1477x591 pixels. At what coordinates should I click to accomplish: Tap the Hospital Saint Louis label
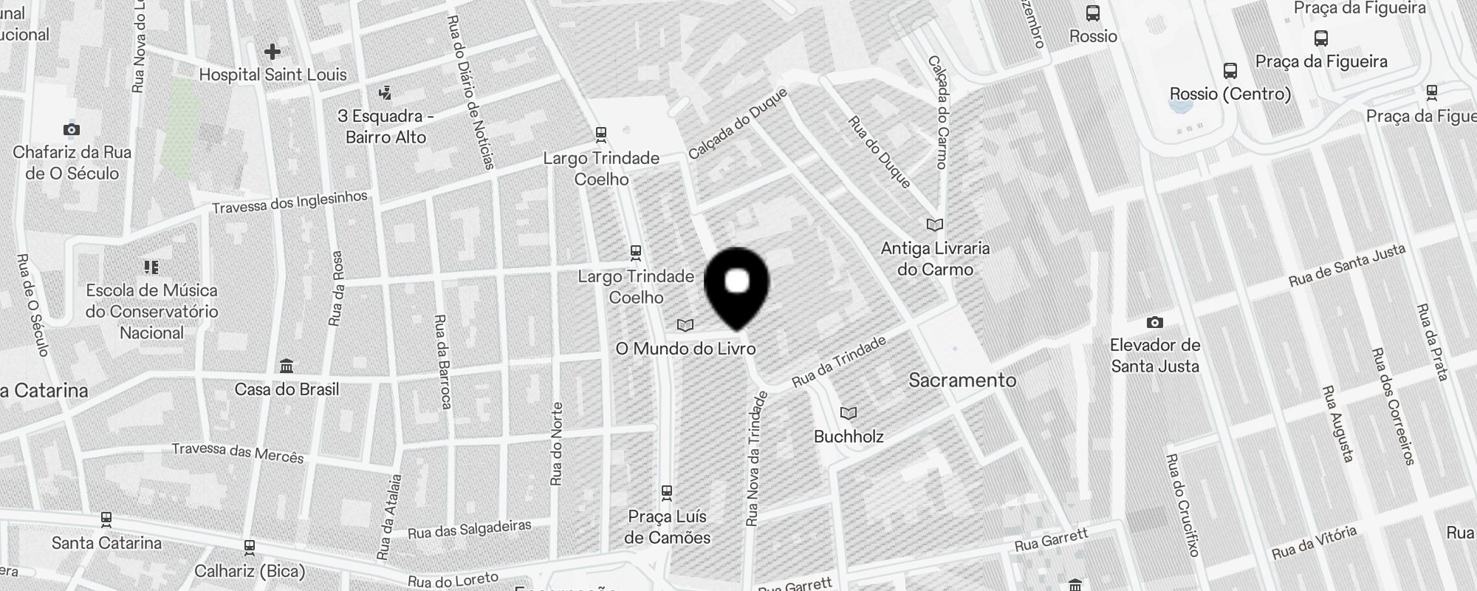273,75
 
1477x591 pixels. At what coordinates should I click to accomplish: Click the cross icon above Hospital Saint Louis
272,52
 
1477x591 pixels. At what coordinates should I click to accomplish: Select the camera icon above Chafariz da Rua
72,130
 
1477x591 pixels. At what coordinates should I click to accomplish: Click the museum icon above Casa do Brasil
287,366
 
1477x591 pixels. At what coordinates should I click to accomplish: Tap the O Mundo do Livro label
685,348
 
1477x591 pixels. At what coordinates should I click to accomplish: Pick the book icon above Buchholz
849,413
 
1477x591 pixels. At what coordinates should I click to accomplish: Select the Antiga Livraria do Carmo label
935,259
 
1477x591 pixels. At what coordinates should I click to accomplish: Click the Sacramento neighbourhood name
962,380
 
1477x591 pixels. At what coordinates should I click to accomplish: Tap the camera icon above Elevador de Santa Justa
1154,323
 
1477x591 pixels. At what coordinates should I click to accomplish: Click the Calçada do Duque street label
737,123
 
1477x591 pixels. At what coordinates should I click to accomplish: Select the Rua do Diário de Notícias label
470,92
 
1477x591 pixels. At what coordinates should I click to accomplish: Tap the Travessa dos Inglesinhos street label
289,202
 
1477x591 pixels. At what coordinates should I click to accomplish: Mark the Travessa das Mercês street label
238,452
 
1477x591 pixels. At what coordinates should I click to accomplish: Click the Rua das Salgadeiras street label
469,529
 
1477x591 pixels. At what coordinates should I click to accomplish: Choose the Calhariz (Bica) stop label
250,571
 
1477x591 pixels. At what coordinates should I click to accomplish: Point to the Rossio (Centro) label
1230,94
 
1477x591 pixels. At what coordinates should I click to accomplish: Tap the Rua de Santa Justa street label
1346,267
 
